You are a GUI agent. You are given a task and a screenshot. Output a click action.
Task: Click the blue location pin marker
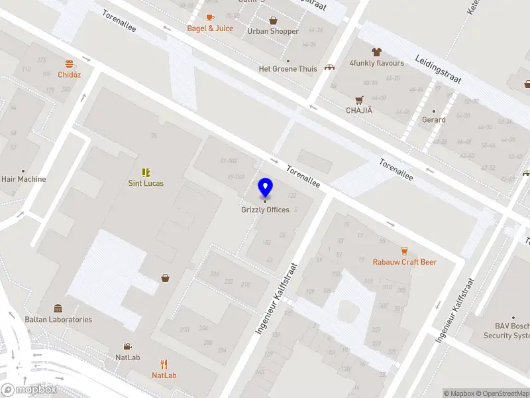[265, 187]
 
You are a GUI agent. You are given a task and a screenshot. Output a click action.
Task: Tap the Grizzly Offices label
[265, 210]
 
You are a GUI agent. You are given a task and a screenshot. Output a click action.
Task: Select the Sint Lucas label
[146, 183]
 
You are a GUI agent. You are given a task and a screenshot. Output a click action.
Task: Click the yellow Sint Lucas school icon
[146, 172]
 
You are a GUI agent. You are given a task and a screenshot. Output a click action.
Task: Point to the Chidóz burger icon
[69, 64]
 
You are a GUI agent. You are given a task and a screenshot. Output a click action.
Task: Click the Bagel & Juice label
[210, 29]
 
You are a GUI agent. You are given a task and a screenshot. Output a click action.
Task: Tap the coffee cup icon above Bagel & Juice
[210, 17]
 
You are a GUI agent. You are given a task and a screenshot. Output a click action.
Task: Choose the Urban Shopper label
[273, 31]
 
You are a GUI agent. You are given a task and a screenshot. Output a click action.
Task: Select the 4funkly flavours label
[377, 64]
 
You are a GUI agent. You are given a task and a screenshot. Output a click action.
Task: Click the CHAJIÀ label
[359, 111]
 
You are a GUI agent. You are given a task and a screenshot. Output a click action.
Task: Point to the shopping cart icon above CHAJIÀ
[359, 99]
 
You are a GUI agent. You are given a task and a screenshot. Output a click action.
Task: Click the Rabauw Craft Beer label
[404, 262]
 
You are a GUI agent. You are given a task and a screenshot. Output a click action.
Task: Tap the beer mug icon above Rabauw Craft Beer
[404, 251]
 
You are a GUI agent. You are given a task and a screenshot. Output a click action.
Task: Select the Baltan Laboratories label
[58, 319]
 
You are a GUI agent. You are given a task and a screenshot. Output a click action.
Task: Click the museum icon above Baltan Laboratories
[58, 308]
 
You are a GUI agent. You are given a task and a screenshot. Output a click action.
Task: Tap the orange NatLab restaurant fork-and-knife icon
[164, 364]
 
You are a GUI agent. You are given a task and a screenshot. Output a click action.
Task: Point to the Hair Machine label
[24, 179]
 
